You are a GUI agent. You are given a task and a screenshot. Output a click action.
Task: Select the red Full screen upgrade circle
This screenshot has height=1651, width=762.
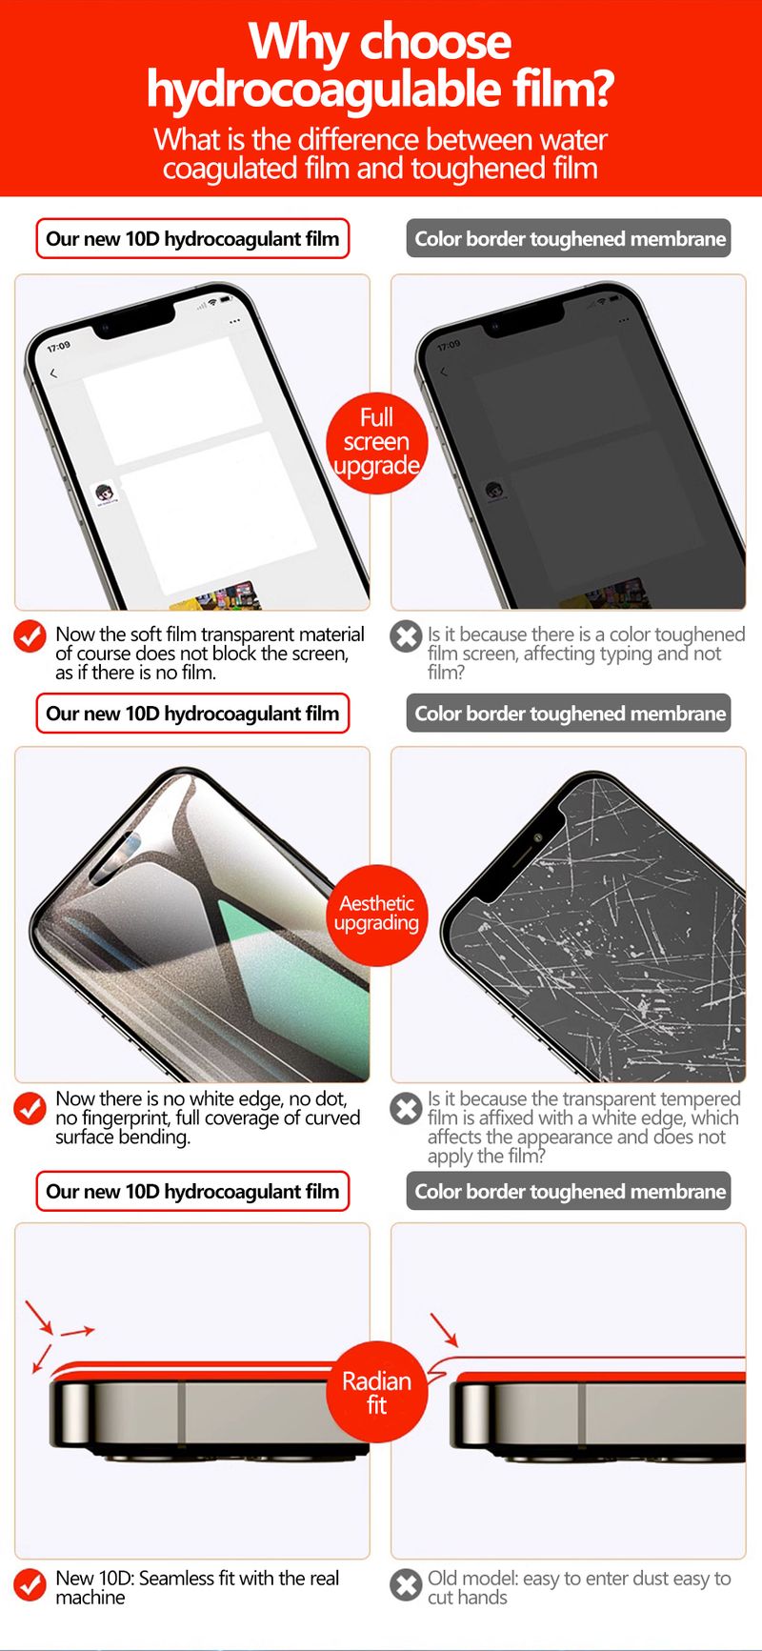tap(376, 442)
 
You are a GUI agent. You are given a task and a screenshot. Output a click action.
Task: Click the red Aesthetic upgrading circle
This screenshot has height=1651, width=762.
tap(377, 914)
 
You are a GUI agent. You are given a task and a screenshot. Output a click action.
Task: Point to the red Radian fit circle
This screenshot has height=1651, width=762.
tap(376, 1393)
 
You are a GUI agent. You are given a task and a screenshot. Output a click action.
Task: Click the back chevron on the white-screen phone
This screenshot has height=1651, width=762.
tap(53, 373)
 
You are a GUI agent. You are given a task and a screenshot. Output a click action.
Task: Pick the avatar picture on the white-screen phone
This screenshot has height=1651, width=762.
tap(105, 494)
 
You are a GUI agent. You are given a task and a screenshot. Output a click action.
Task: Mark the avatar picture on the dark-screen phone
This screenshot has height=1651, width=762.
tap(494, 492)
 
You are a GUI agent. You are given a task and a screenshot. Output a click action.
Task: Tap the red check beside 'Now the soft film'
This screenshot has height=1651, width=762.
tap(30, 636)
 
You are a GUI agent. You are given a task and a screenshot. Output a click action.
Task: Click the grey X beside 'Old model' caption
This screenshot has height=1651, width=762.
tap(406, 1585)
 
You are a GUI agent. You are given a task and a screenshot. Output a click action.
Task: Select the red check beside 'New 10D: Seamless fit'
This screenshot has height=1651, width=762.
tap(30, 1585)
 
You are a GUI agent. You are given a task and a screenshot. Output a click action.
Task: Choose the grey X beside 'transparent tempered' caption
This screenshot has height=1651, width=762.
tap(406, 1108)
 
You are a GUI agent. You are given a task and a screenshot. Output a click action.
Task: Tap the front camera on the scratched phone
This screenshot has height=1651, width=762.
tap(538, 837)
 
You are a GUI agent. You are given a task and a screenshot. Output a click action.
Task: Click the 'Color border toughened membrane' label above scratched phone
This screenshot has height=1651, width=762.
tap(570, 714)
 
